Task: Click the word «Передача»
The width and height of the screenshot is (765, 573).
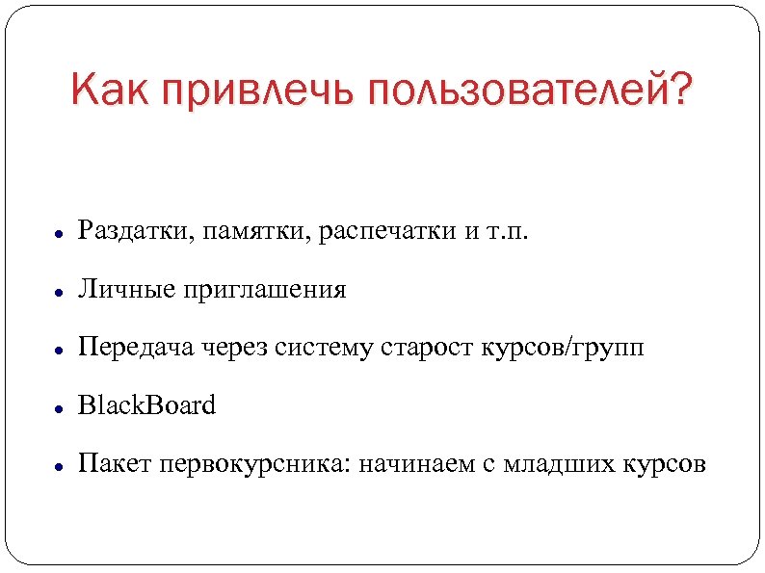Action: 138,348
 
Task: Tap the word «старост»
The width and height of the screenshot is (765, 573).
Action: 422,348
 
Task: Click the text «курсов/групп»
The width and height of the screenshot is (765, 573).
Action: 562,348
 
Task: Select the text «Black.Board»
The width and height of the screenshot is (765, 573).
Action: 147,405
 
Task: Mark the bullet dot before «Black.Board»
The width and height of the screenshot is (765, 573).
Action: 59,408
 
